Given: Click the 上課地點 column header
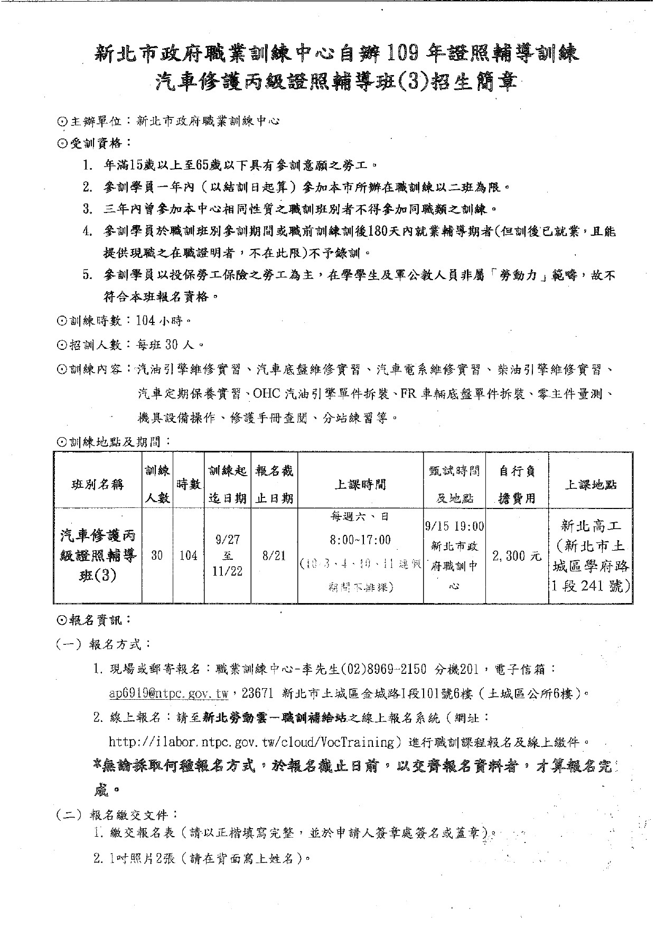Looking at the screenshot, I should [591, 484].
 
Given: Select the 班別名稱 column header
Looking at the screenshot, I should [98, 484].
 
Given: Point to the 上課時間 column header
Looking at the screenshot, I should [360, 484].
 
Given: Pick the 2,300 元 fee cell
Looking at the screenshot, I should [517, 555].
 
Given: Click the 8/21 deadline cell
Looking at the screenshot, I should [274, 555].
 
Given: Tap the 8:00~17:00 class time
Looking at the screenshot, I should [360, 540].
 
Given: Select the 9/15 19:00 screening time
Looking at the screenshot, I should [454, 526].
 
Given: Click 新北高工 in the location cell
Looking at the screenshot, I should [591, 526].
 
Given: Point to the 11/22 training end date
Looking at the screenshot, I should [228, 572].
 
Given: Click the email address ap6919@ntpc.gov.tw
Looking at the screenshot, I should [168, 693].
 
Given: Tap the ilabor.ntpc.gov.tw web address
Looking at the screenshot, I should [251, 742].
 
